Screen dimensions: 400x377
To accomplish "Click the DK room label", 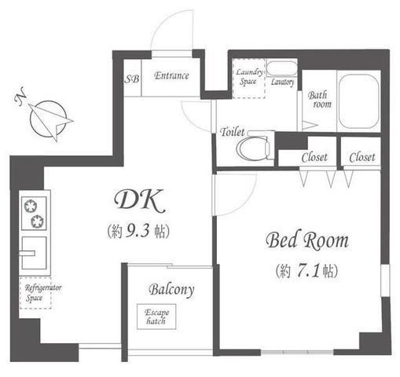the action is [140, 201].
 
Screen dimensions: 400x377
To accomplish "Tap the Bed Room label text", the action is [307, 240].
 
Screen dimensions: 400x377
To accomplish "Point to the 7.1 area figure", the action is [308, 271].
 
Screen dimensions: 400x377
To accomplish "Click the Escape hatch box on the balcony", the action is [156, 317].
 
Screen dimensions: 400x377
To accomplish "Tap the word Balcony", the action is [171, 290].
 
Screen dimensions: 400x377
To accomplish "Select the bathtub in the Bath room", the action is [359, 101].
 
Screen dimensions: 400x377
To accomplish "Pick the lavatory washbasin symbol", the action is [281, 68].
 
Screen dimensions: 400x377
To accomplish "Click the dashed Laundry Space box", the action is [248, 78].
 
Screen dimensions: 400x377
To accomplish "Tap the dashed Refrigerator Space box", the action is [35, 293].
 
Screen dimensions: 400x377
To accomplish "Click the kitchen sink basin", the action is [34, 253].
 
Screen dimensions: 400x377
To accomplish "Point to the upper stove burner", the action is [30, 206].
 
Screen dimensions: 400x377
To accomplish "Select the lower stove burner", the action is [38, 221].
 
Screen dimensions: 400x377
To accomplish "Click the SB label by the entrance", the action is [131, 79].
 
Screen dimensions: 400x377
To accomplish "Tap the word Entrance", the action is [171, 75].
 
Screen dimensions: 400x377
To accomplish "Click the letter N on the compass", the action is [20, 97].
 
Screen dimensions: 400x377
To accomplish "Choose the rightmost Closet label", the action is [362, 157].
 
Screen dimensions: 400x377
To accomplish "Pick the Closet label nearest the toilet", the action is [314, 157].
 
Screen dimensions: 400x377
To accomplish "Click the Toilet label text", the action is [233, 132].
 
